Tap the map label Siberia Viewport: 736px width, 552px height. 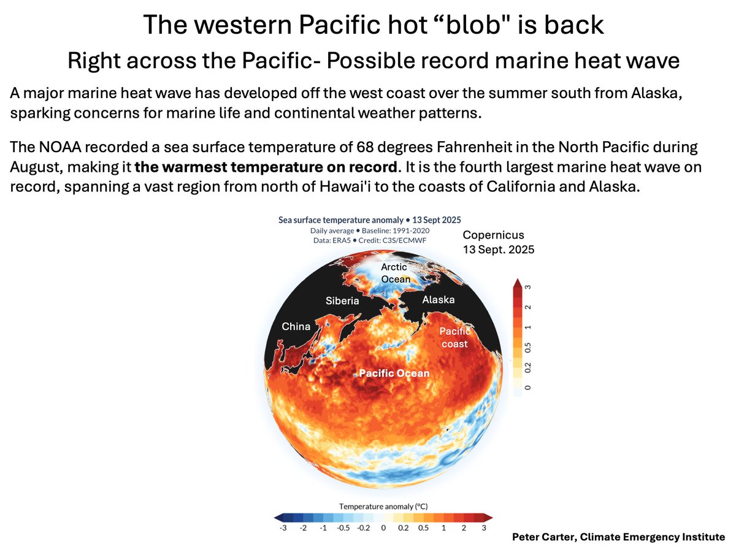(x=342, y=301)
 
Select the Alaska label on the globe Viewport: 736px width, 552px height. (x=438, y=300)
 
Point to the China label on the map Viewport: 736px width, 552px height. (x=296, y=326)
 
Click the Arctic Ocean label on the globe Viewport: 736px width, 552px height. (x=396, y=273)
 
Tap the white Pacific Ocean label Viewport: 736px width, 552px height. (x=394, y=373)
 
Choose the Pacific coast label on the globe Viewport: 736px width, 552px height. (x=454, y=337)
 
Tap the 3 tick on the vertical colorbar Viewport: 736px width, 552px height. (x=527, y=286)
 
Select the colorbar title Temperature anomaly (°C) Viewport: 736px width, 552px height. (x=380, y=506)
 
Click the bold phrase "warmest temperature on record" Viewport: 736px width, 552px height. (x=265, y=167)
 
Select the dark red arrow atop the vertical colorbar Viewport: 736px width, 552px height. (x=516, y=283)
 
